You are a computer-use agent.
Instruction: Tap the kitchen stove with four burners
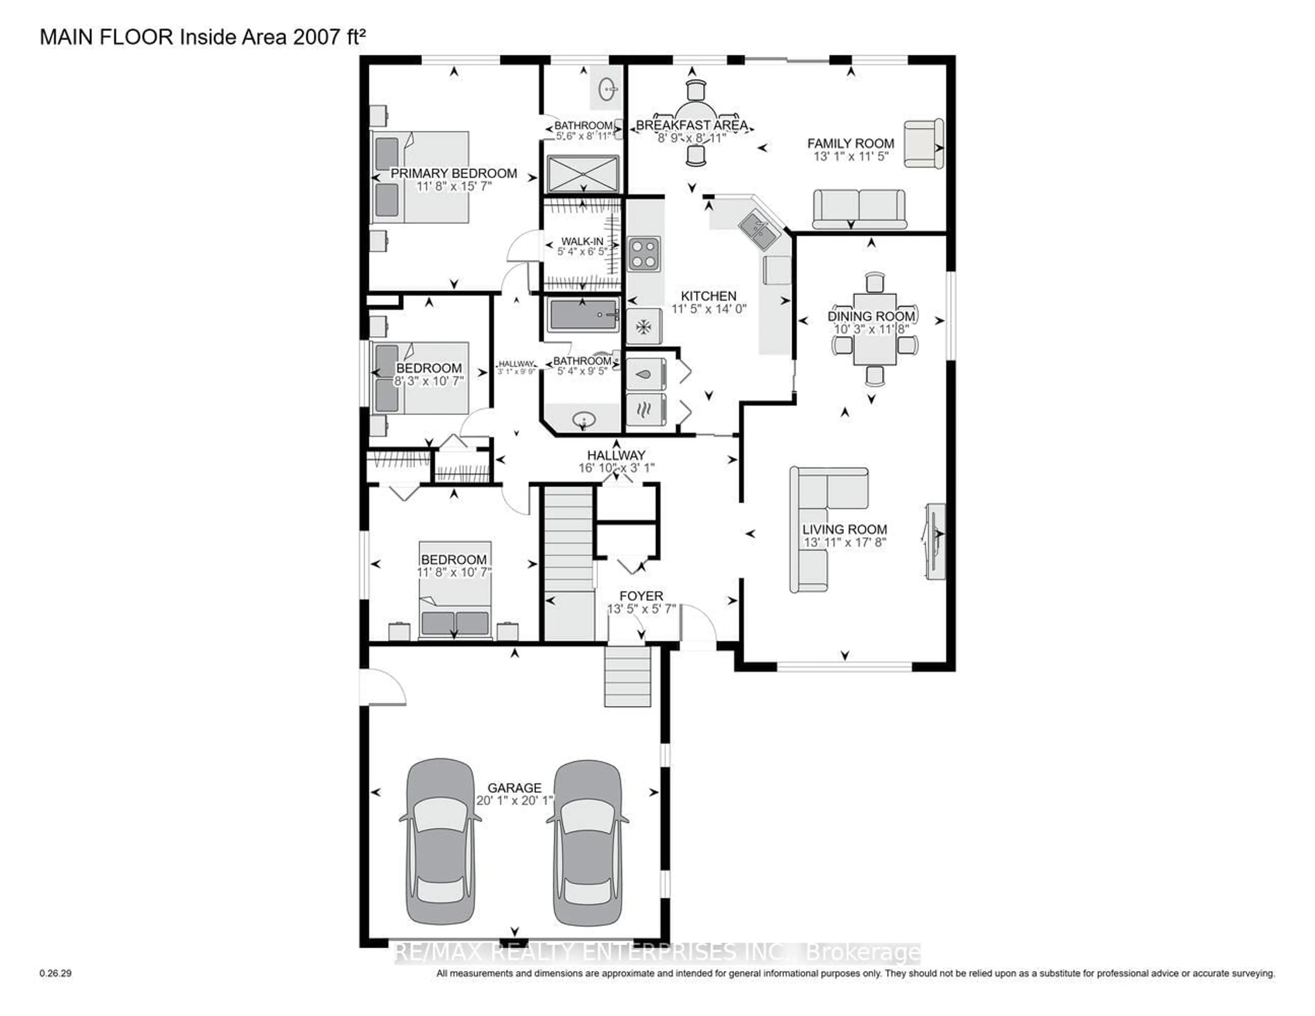pos(644,254)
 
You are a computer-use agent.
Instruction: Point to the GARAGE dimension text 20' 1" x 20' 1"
pos(514,801)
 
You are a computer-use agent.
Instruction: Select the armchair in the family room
pos(923,143)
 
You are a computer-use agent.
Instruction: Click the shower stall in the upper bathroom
pos(583,175)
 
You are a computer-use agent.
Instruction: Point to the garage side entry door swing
pos(382,686)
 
